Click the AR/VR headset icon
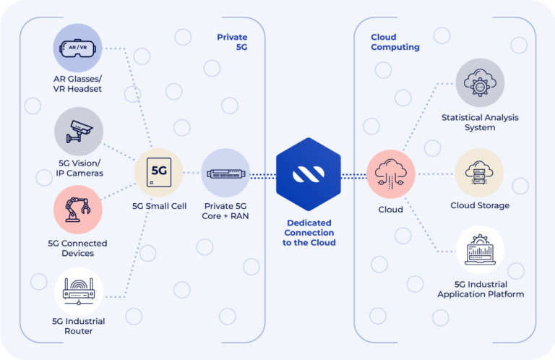click(x=78, y=48)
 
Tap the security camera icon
click(x=79, y=131)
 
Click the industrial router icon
click(x=79, y=291)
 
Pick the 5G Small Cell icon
click(x=158, y=173)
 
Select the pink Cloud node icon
click(x=390, y=173)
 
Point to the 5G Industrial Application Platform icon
click(x=480, y=250)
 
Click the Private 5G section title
click(x=231, y=42)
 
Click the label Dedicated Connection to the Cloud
click(x=309, y=233)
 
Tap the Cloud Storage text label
click(x=480, y=206)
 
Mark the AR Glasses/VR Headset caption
click(x=78, y=84)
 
